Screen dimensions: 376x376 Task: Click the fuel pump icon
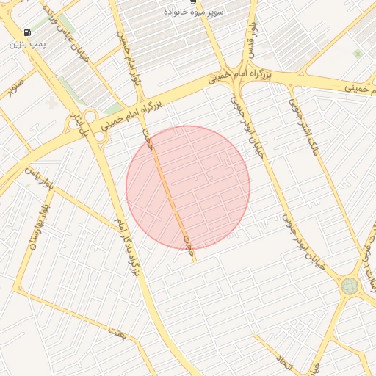click(x=27, y=33)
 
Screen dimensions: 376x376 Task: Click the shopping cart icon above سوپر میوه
click(x=192, y=2)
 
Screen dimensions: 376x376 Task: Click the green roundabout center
click(x=349, y=286)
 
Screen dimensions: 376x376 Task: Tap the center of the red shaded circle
click(x=188, y=187)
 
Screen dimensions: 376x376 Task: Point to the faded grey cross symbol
click(x=51, y=103)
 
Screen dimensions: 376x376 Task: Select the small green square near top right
click(x=358, y=54)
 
